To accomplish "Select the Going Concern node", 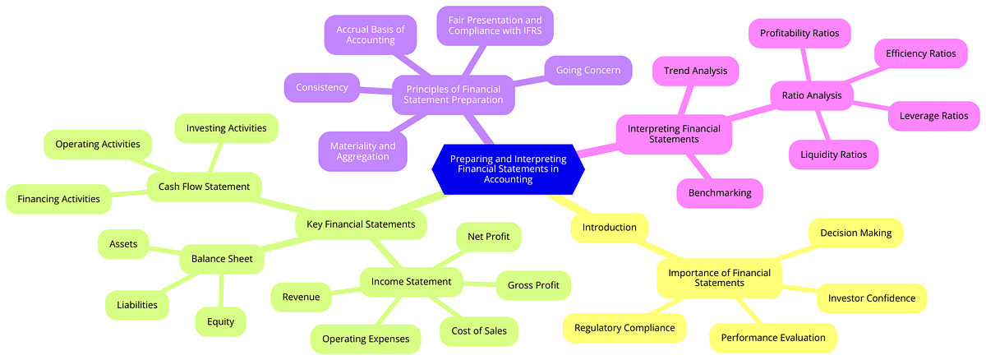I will (x=588, y=71).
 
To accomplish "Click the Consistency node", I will (x=321, y=87).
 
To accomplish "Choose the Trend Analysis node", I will (x=694, y=71).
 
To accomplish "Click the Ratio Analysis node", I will (x=811, y=95).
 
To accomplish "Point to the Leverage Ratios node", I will (x=933, y=116).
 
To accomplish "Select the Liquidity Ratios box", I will (x=833, y=154).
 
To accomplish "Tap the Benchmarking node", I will (x=720, y=193).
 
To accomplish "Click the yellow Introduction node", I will (x=609, y=227).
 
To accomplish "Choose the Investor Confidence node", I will (x=871, y=298).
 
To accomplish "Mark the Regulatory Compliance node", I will (x=624, y=328).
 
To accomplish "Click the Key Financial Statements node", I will (x=361, y=224).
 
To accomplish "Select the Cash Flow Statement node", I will (x=204, y=187).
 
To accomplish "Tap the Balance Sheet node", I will (x=222, y=260).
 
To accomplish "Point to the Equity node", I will (x=220, y=321).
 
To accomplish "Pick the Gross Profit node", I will (x=533, y=285).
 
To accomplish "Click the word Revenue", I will (x=301, y=297).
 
